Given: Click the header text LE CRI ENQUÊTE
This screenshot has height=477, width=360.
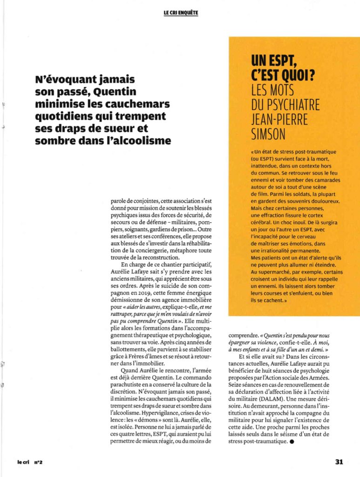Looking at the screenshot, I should point(181,13).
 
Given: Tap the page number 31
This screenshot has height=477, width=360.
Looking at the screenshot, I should point(339,462).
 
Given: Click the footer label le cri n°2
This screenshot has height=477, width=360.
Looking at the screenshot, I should point(30,463).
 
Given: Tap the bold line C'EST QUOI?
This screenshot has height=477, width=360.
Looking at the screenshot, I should point(281,75).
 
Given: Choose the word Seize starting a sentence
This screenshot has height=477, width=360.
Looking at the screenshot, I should point(236,385).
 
